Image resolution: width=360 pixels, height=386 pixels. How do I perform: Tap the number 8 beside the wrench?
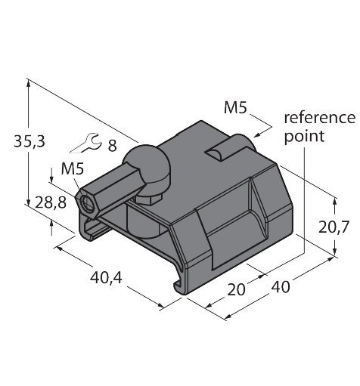(x=112, y=146)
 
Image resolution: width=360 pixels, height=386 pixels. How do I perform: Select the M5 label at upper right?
(x=236, y=107)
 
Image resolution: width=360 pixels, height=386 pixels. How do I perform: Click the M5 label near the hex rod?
(x=71, y=168)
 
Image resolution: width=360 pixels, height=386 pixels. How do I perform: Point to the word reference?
(x=318, y=118)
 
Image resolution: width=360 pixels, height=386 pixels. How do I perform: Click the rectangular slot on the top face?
(x=220, y=149)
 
